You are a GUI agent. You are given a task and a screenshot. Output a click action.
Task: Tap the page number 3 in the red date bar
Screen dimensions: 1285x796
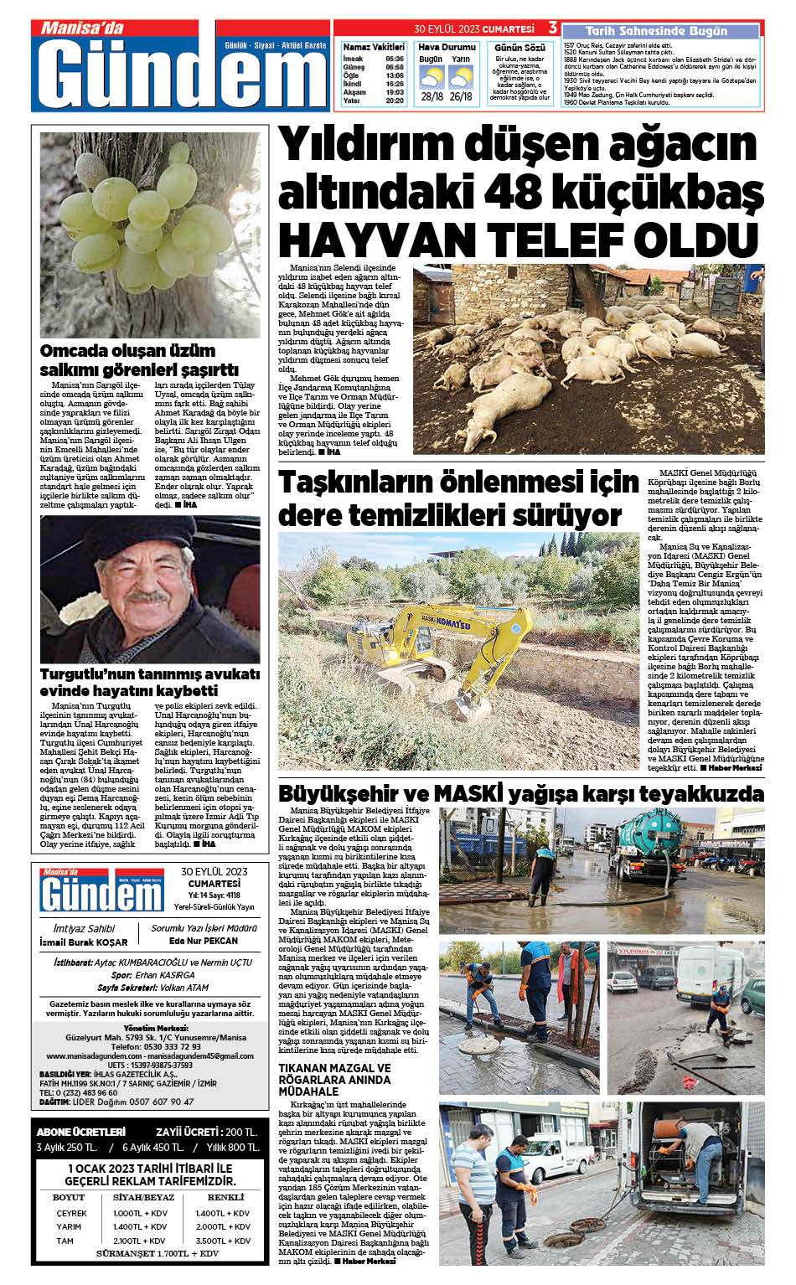[x=552, y=28]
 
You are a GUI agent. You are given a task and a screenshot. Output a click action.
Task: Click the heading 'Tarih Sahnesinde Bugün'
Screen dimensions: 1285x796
[x=656, y=31]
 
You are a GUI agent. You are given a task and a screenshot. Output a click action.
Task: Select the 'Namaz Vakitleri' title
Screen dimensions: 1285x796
[x=374, y=47]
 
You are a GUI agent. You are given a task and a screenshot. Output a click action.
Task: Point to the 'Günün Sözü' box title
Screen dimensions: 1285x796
[x=519, y=48]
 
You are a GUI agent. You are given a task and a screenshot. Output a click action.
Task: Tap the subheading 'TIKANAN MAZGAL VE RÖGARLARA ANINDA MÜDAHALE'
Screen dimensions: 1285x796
[x=335, y=1080]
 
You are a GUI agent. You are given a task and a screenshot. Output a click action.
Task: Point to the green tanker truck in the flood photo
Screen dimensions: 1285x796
[x=663, y=845]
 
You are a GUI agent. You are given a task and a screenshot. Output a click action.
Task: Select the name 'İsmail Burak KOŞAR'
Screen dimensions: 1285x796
[x=84, y=942]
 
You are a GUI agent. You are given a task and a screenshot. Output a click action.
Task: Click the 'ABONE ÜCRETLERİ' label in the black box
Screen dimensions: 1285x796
[x=81, y=1132]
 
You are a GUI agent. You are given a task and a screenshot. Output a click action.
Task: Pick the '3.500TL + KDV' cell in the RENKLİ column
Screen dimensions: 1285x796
[x=223, y=1241]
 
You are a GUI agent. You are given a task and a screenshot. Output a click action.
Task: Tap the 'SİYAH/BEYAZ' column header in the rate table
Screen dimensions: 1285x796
[x=143, y=1198]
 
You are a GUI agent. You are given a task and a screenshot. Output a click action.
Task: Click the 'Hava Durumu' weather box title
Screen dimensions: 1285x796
[x=447, y=47]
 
